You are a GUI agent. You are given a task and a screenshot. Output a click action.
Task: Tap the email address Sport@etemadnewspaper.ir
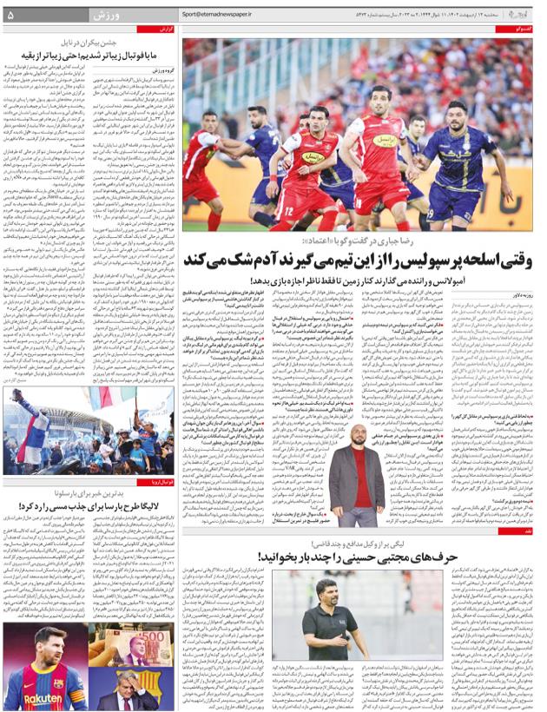216,15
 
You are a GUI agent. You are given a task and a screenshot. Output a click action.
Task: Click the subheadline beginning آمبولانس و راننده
391,280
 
